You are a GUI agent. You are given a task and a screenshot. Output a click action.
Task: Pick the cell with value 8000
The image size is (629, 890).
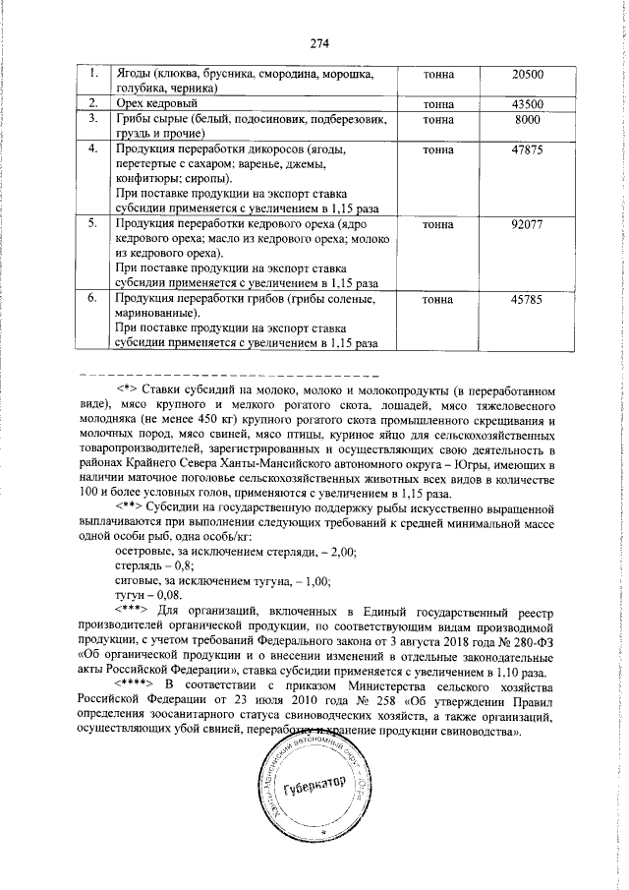(527, 119)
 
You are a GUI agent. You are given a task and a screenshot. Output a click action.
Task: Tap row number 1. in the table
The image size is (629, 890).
(92, 75)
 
